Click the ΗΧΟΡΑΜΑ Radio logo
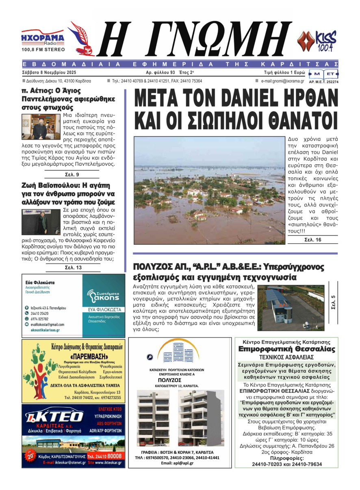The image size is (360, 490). (x=43, y=40)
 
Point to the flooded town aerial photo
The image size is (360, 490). (x=209, y=190)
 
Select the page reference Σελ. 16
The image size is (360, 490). (x=312, y=240)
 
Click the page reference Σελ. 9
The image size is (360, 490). (x=73, y=174)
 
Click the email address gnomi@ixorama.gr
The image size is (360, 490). (x=282, y=81)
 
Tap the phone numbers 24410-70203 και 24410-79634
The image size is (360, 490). (x=286, y=464)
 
